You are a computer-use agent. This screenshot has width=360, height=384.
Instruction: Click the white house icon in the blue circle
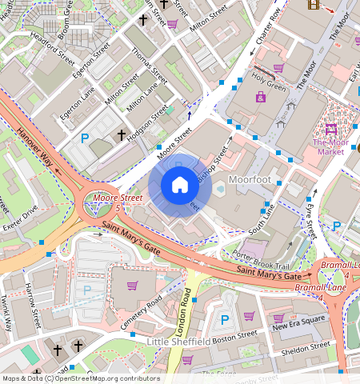coord(180,185)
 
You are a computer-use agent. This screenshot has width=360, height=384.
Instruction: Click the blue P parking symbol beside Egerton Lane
coord(85,138)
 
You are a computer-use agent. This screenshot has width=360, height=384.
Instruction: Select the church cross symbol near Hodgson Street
coord(122,135)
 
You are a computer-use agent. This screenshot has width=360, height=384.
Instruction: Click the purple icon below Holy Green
coord(261,97)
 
